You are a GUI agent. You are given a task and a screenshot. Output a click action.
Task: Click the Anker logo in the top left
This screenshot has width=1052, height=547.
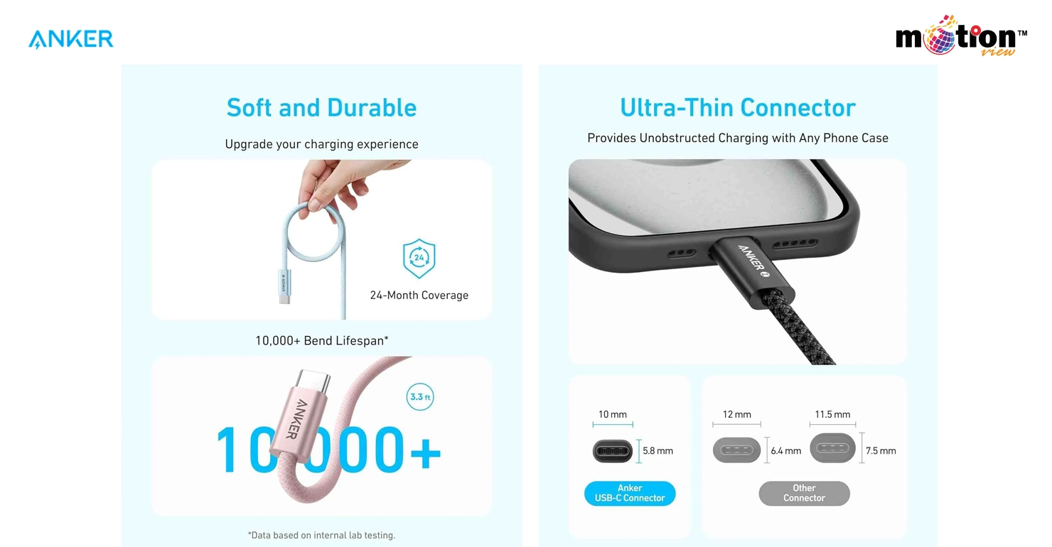(71, 39)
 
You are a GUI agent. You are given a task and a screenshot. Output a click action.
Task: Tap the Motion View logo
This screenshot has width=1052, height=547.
(961, 36)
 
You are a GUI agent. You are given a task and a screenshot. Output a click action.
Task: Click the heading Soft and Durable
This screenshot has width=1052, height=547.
(322, 107)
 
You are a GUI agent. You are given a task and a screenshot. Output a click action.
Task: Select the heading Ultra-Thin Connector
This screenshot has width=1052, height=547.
(738, 107)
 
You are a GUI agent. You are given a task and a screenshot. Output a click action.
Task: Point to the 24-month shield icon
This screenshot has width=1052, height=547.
(419, 259)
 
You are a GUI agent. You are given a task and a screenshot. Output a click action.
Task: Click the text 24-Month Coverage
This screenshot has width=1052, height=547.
(419, 296)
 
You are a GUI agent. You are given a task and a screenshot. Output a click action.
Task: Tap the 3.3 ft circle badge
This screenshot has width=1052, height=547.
(420, 397)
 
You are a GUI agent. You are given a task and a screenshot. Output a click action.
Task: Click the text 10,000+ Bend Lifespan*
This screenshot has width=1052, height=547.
(322, 340)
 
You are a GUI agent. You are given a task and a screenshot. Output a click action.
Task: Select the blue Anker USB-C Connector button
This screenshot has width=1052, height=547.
(630, 493)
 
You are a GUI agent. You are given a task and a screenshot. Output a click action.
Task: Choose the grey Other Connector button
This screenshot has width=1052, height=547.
(804, 493)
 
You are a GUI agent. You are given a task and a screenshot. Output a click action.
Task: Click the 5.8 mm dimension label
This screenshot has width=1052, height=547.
(657, 451)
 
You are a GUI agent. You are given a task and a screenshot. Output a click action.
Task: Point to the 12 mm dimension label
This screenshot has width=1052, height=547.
(737, 415)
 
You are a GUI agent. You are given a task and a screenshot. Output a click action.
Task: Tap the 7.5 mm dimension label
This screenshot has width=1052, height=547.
(881, 451)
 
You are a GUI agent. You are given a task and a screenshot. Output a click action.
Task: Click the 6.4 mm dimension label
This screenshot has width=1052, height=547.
(785, 451)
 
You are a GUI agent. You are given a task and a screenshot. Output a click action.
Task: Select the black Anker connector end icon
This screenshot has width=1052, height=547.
(613, 451)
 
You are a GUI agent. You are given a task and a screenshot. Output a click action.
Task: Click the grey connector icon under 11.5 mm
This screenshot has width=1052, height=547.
(832, 448)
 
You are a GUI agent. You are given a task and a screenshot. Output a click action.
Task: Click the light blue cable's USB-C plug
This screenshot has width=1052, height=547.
(284, 286)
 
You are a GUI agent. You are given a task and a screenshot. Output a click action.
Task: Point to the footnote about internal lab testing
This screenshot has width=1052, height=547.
(322, 535)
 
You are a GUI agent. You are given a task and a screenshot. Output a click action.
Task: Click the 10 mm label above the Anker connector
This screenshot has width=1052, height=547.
(613, 415)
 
